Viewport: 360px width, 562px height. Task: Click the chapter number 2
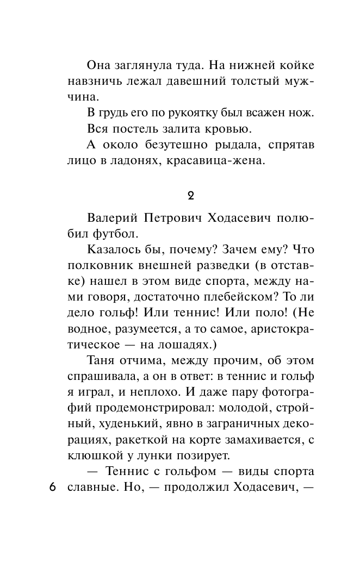pyautogui.click(x=190, y=195)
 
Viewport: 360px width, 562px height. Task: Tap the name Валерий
pyautogui.click(x=111, y=218)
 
